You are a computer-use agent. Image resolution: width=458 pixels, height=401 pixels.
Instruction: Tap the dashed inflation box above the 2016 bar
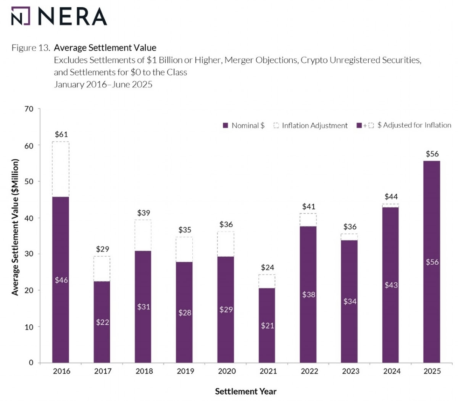click(x=61, y=169)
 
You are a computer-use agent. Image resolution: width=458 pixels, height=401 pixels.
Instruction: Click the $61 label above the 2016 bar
click(x=61, y=134)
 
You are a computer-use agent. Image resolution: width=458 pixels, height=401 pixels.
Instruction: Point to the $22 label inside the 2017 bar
click(x=102, y=322)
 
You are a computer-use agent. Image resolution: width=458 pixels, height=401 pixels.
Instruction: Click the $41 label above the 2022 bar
click(x=308, y=207)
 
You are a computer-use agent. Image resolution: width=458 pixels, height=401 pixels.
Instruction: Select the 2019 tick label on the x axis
click(x=185, y=371)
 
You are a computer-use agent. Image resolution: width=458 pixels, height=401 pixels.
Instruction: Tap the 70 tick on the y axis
click(x=29, y=109)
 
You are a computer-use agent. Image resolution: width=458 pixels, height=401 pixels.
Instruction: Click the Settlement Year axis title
click(x=245, y=391)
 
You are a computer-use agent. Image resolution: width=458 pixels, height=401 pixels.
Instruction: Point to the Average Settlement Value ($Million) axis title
click(x=15, y=227)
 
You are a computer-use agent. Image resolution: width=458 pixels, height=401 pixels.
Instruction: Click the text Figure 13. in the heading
click(x=31, y=48)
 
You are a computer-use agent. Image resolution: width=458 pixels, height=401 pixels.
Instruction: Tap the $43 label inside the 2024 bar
click(x=391, y=285)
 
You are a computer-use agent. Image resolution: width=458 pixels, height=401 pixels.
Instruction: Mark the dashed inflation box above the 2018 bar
click(x=143, y=235)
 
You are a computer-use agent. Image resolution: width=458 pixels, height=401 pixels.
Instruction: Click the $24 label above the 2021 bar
click(x=267, y=267)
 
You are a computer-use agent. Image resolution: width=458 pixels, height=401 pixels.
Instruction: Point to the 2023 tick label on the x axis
click(x=350, y=371)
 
